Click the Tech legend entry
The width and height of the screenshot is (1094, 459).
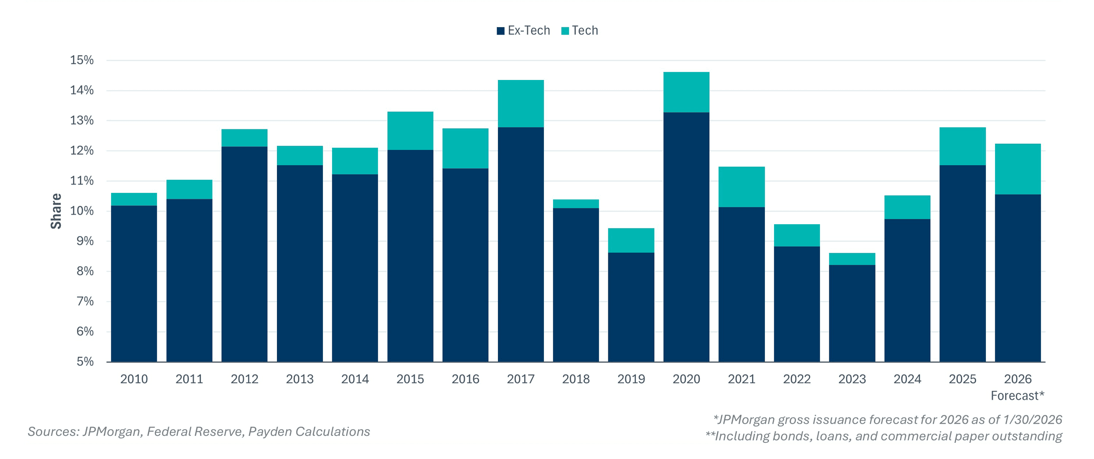click(x=579, y=31)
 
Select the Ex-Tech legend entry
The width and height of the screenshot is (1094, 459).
click(x=523, y=31)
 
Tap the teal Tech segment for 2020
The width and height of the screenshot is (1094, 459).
click(x=686, y=92)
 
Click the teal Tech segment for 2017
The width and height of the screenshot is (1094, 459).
click(x=521, y=104)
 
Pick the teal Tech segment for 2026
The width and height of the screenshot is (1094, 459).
click(x=1018, y=169)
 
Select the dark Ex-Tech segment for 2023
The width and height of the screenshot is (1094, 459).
click(x=852, y=313)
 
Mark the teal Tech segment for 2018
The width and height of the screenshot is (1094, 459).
click(x=576, y=204)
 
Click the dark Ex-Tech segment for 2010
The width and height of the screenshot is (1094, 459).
click(x=134, y=283)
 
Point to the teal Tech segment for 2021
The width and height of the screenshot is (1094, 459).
click(x=742, y=187)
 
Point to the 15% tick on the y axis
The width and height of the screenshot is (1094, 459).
click(x=82, y=60)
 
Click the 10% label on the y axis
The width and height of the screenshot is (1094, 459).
click(x=82, y=211)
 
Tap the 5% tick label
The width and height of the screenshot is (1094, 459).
click(x=85, y=362)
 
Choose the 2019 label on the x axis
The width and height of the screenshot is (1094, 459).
click(x=631, y=379)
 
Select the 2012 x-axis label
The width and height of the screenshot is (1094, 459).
click(x=245, y=379)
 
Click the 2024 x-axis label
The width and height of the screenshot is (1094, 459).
click(x=907, y=379)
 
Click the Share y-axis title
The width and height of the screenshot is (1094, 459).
click(x=56, y=211)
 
